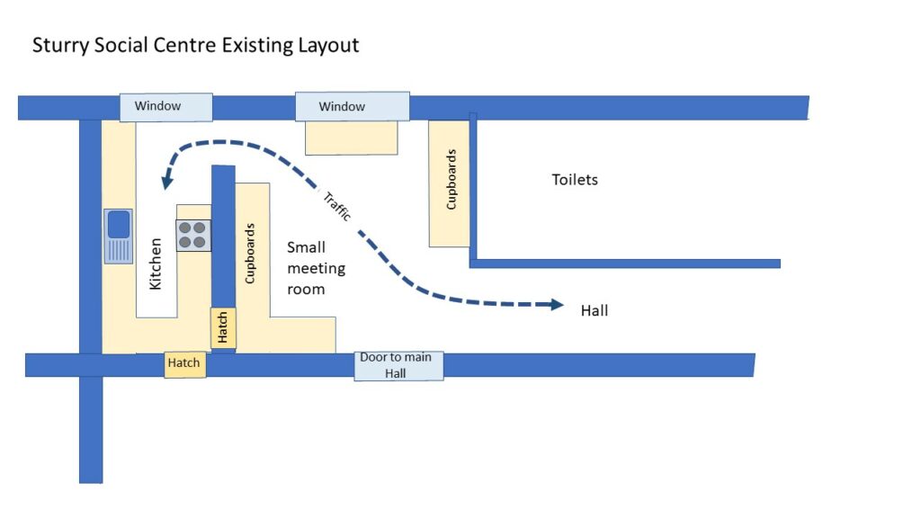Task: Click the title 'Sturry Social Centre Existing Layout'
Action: pyautogui.click(x=195, y=45)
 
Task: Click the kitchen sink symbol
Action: pyautogui.click(x=118, y=235)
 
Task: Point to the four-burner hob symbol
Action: pyautogui.click(x=193, y=235)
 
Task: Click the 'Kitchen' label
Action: pyautogui.click(x=156, y=263)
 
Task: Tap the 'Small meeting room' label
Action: pyautogui.click(x=315, y=268)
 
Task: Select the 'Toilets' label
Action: pyautogui.click(x=575, y=180)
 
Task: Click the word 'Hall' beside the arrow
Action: pyautogui.click(x=595, y=311)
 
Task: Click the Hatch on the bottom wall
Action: pyautogui.click(x=184, y=363)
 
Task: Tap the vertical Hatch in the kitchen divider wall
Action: pyautogui.click(x=222, y=328)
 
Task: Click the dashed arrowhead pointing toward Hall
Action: pyautogui.click(x=557, y=305)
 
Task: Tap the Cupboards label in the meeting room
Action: pyautogui.click(x=250, y=253)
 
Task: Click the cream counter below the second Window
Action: pyautogui.click(x=351, y=138)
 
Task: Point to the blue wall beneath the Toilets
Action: pyautogui.click(x=624, y=263)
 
